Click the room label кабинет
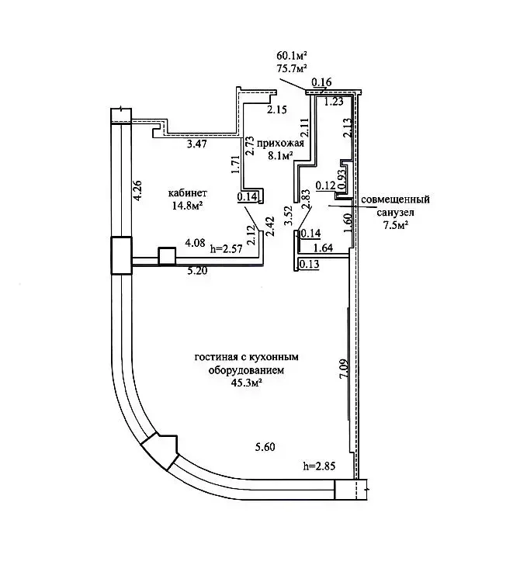(188, 193)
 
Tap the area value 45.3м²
(246, 383)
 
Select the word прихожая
(280, 144)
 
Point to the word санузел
(395, 213)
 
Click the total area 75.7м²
(292, 68)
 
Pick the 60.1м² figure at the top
(292, 56)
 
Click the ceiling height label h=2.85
(319, 466)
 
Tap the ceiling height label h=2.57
(227, 248)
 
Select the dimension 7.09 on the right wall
(344, 368)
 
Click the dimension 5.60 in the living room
(265, 447)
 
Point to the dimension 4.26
(137, 191)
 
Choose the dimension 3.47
(197, 144)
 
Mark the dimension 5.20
(197, 270)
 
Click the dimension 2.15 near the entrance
(277, 109)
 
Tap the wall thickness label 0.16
(321, 82)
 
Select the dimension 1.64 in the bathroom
(323, 248)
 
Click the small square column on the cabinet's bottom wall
(167, 257)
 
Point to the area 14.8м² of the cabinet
(188, 206)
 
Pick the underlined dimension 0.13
(309, 264)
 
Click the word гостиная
(215, 357)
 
